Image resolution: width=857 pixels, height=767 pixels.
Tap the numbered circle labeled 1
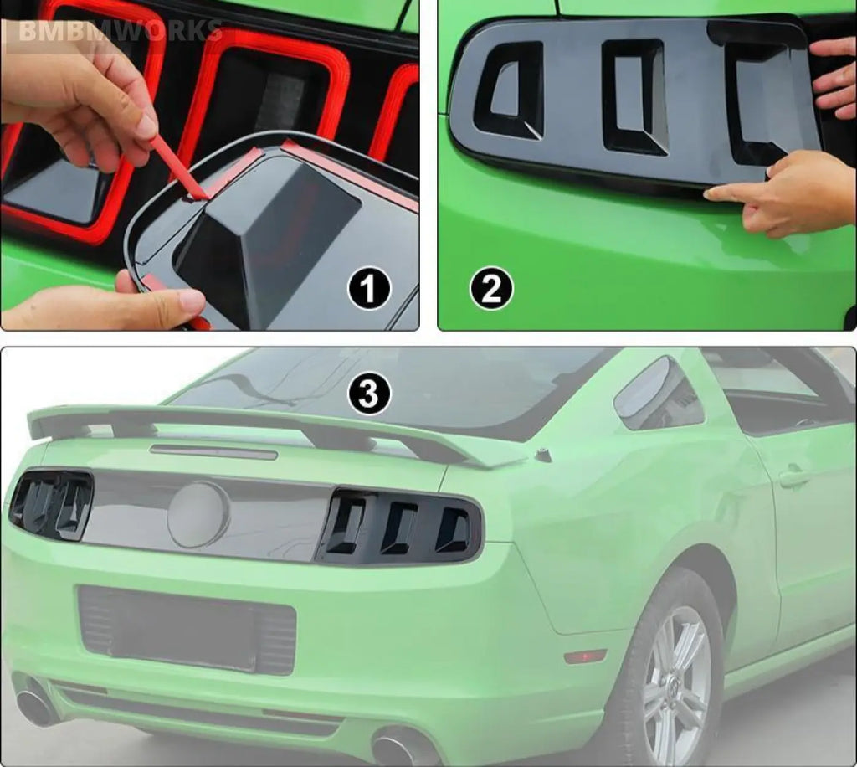369,290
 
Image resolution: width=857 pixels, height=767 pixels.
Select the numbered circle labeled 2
492,290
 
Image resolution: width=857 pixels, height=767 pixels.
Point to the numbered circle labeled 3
369,394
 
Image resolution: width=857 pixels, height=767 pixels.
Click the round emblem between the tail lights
198,513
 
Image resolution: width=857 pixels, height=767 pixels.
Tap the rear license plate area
187,628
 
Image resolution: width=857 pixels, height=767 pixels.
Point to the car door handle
793,478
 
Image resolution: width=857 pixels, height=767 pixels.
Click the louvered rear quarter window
659,394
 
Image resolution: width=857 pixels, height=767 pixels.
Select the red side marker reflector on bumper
585,655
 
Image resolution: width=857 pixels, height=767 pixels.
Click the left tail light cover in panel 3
52,504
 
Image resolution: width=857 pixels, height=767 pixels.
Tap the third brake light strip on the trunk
213,452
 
